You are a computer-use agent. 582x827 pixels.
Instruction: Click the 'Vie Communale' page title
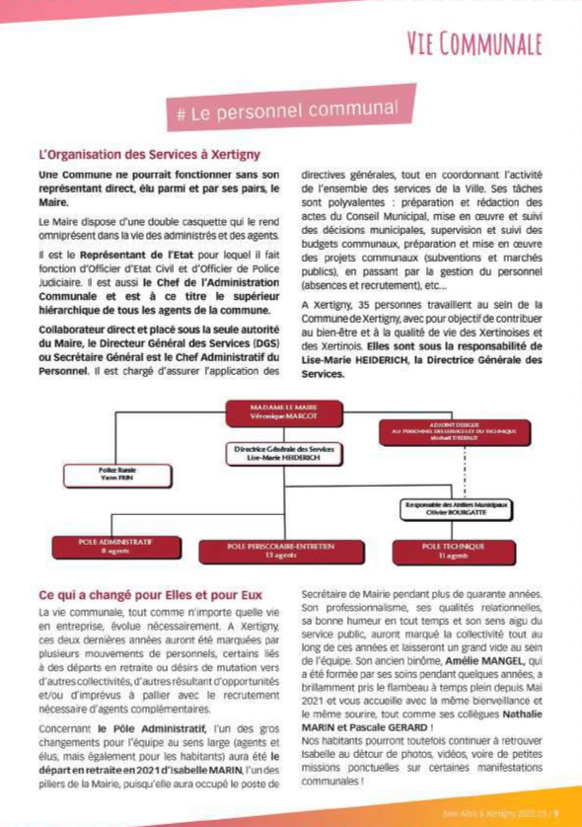point(473,43)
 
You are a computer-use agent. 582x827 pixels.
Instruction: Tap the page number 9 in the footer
point(556,814)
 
